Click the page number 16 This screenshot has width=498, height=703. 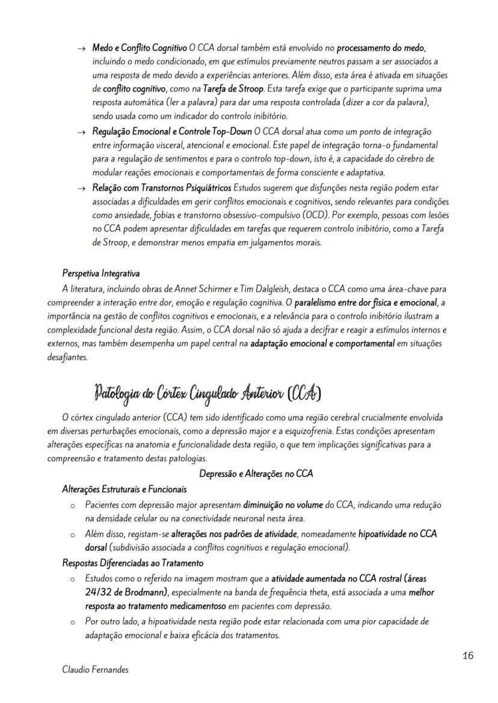(x=468, y=656)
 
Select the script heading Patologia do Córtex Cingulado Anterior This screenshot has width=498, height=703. (x=207, y=395)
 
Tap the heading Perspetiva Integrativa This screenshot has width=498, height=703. (x=101, y=274)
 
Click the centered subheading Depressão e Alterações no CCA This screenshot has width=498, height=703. (x=256, y=473)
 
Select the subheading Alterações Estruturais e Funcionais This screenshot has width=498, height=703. (x=124, y=489)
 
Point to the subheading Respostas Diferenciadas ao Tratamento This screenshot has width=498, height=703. (x=133, y=563)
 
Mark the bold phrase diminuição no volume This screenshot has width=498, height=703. (x=283, y=505)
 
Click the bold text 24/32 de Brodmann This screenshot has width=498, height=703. (x=128, y=592)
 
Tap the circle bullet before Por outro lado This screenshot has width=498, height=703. (x=72, y=622)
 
